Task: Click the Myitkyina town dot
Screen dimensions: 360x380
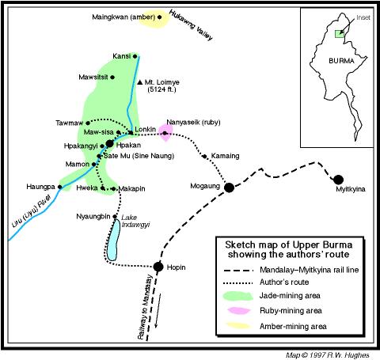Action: tap(339, 180)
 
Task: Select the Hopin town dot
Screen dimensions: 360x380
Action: tap(158, 267)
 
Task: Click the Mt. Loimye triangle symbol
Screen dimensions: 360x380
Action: tap(139, 82)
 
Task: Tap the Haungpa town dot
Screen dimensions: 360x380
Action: tap(62, 188)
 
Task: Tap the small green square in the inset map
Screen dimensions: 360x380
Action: tap(338, 33)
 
